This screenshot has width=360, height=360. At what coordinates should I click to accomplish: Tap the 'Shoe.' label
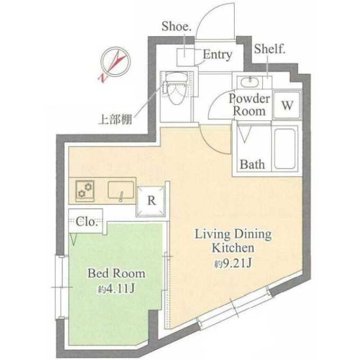click(x=176, y=26)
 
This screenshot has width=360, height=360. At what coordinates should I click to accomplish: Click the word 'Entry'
click(x=218, y=55)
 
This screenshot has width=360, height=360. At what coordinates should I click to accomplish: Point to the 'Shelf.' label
click(x=269, y=49)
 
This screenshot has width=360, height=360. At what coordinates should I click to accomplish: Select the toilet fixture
click(x=176, y=88)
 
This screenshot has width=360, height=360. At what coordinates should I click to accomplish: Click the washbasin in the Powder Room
click(x=250, y=82)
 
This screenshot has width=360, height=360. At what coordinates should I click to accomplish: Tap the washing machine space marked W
click(x=287, y=105)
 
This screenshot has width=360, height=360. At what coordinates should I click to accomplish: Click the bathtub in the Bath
click(x=285, y=148)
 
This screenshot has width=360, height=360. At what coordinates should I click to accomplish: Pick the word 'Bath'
click(x=252, y=164)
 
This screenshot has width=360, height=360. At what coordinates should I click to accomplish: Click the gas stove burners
click(x=85, y=191)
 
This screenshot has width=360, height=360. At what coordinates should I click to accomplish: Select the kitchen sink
click(x=121, y=190)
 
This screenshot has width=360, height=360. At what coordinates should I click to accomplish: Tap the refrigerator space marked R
click(x=151, y=201)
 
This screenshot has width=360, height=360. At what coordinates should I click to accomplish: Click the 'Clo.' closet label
click(x=85, y=222)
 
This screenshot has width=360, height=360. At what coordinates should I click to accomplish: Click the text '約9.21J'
click(x=233, y=264)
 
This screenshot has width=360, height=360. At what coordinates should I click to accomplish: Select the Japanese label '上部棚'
click(x=115, y=119)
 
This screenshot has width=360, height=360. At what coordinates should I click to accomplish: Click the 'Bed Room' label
click(x=116, y=273)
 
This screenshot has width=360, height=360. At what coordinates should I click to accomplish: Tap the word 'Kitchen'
click(x=233, y=248)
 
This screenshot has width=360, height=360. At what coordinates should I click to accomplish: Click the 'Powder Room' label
click(x=249, y=105)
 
